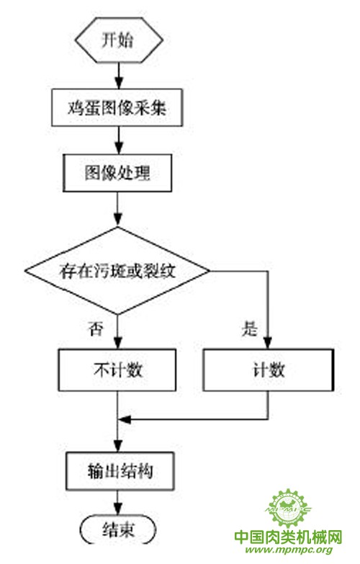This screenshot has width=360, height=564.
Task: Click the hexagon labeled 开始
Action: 119,40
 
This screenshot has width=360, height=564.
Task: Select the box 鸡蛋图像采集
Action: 117,107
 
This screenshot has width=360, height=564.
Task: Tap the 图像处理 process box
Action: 117,173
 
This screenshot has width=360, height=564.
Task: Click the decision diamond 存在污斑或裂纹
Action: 117,271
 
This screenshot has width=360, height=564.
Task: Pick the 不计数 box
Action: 117,370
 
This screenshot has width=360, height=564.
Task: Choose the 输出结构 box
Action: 120,471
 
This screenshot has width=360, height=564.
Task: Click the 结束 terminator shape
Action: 118,530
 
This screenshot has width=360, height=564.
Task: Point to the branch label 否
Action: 96,328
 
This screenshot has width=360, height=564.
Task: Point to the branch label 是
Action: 250,328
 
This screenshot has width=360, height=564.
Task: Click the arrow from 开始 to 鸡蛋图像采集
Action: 118,76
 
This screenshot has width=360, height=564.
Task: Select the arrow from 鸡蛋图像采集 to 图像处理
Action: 118,140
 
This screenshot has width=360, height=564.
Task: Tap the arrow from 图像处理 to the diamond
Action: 117,210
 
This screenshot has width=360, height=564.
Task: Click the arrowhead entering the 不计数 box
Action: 117,343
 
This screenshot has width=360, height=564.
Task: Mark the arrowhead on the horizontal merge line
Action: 124,419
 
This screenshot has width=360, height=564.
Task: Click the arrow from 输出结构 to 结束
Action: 117,504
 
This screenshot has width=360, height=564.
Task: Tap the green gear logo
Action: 288,509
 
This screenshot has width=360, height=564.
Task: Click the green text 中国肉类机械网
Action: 288,537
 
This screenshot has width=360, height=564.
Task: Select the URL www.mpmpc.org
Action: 289,550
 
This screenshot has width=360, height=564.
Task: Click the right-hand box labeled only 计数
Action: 269,370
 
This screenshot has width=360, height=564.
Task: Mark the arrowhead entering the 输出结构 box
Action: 117,447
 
